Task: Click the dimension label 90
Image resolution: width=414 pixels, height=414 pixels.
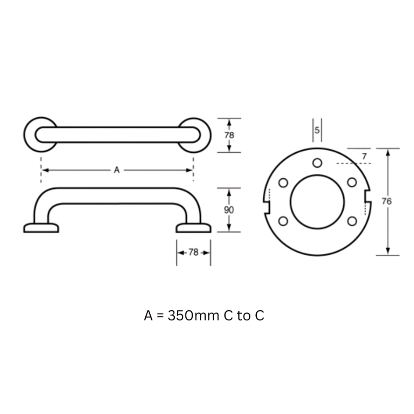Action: (x=229, y=210)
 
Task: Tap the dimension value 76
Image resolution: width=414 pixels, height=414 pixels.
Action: (x=386, y=202)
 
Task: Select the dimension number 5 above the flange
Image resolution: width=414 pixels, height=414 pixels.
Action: (x=317, y=130)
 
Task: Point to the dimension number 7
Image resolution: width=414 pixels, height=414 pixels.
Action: (x=364, y=156)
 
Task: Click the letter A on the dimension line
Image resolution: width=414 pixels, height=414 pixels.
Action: (x=117, y=170)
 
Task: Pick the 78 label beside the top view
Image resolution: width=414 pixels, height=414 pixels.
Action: (x=229, y=135)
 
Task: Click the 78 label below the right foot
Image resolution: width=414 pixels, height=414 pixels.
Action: (x=193, y=253)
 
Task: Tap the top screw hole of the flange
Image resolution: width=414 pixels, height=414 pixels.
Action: (x=317, y=163)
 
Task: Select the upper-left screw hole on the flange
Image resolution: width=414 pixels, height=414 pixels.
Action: (x=283, y=183)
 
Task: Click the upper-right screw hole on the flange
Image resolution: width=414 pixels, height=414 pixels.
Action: (x=351, y=182)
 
